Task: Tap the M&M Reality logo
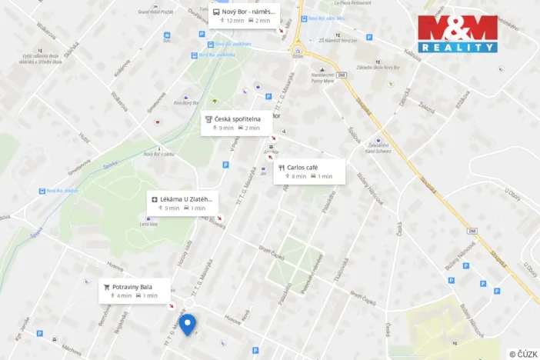click(x=457, y=33)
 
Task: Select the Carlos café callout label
click(x=309, y=172)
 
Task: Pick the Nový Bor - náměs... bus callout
click(x=245, y=15)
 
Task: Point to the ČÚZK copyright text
click(x=523, y=354)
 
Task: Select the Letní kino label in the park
click(x=148, y=224)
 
